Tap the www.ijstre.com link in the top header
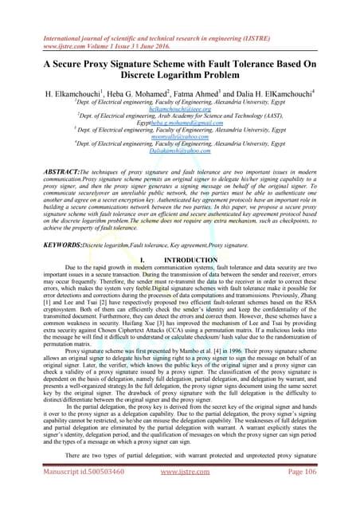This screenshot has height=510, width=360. (x=41, y=25)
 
